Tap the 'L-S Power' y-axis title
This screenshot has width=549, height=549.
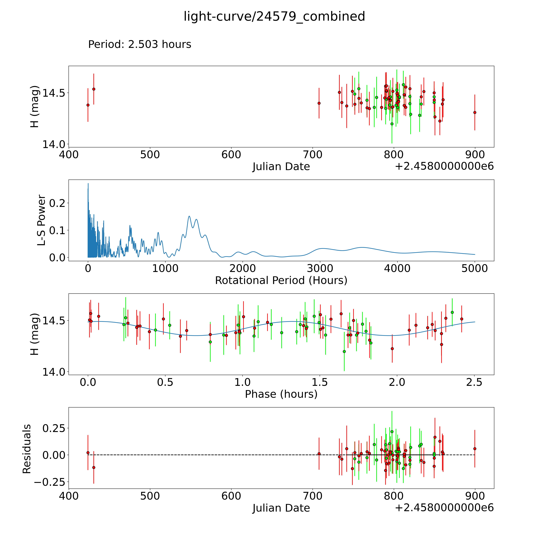tap(41, 220)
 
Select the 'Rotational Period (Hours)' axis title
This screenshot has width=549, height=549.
tap(281, 280)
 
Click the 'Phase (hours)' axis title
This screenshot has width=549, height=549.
tap(281, 394)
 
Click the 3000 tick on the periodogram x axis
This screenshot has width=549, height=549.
tap(320, 268)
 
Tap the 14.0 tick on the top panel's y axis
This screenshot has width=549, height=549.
tap(54, 144)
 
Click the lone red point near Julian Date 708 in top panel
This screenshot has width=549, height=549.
tap(319, 103)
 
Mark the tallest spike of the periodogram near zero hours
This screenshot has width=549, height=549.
tap(88, 184)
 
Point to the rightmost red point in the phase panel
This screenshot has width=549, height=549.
tap(461, 319)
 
